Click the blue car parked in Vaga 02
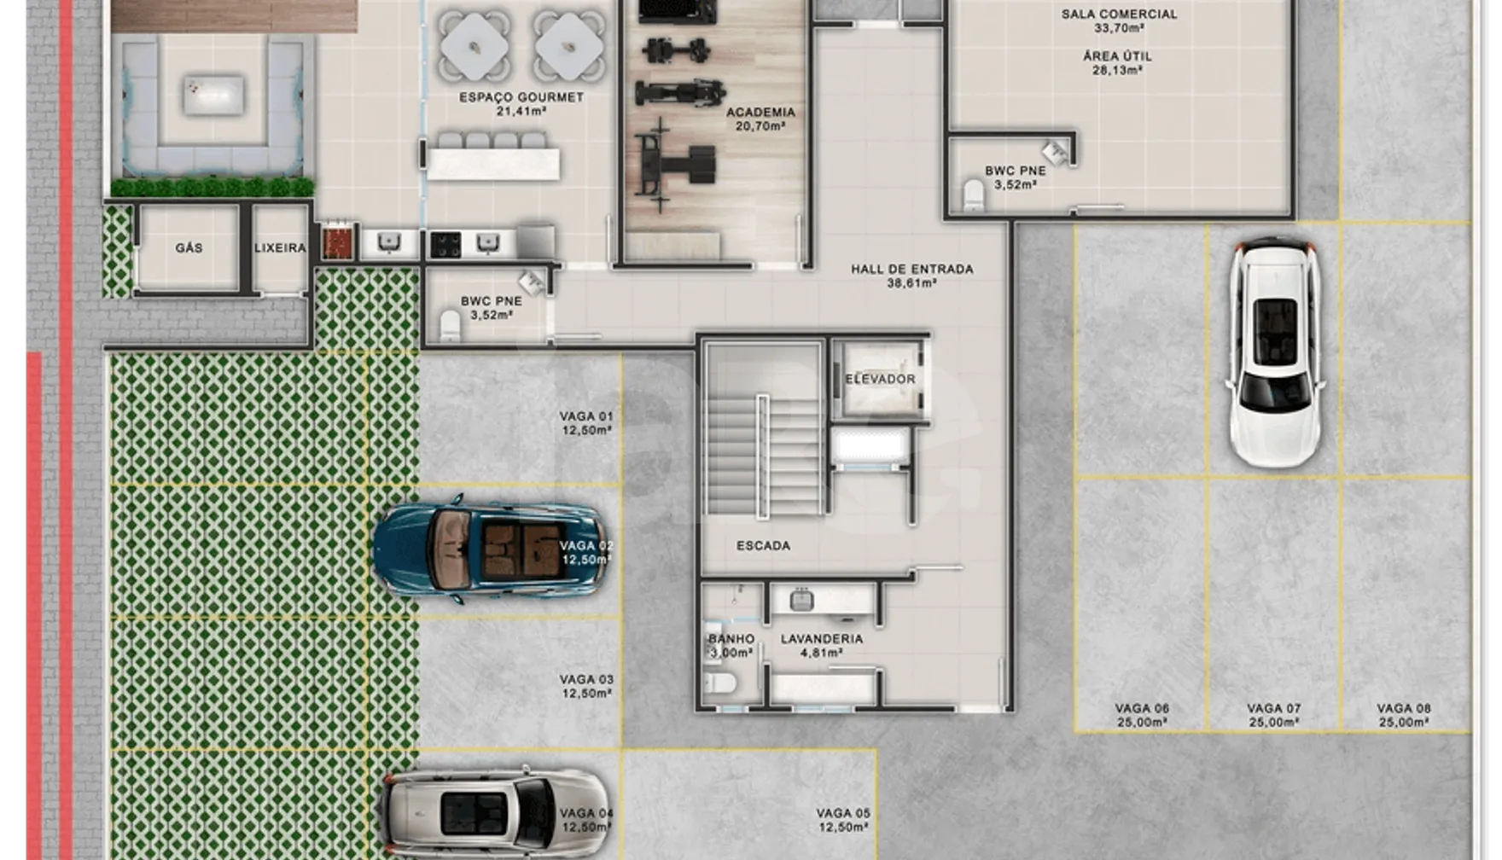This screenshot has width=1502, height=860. click(491, 549)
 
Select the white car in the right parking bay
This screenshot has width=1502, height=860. click(1274, 352)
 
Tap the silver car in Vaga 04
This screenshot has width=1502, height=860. click(495, 812)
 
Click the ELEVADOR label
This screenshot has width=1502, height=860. click(880, 379)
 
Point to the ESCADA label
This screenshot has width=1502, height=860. click(763, 545)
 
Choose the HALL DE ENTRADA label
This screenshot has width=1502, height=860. click(911, 269)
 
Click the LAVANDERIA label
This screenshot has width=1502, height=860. click(821, 638)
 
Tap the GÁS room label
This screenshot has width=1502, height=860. click(189, 247)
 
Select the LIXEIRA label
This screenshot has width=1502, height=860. click(280, 247)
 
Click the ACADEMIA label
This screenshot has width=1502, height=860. click(760, 112)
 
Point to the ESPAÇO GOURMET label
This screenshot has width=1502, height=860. click(521, 97)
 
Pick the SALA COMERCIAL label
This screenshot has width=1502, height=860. click(1119, 14)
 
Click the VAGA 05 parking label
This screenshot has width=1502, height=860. click(843, 813)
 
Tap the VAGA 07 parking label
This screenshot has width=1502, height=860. click(1273, 708)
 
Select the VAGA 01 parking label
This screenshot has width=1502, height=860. click(586, 416)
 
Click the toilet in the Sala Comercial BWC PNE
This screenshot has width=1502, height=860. click(973, 195)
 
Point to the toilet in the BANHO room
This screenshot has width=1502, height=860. click(721, 683)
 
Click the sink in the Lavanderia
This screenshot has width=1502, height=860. click(801, 600)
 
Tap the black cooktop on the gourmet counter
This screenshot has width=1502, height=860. click(445, 244)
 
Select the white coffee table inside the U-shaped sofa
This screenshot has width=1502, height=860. click(213, 95)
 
